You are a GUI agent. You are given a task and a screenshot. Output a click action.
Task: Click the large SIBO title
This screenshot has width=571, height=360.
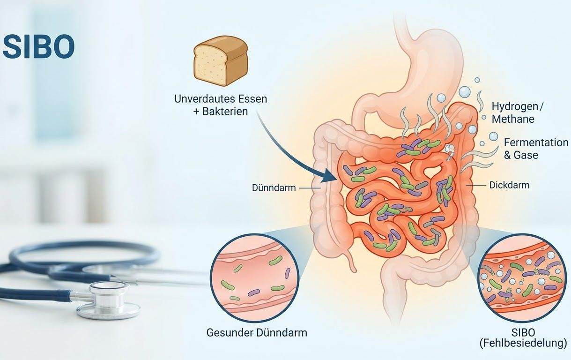pyautogui.click(x=38, y=47)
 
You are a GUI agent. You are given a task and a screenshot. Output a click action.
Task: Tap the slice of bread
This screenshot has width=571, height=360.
pyautogui.click(x=221, y=61)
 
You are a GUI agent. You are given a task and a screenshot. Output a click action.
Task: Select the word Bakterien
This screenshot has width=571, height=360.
pyautogui.click(x=225, y=112)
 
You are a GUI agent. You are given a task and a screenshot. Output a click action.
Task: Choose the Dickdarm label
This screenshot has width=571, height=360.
pyautogui.click(x=509, y=185)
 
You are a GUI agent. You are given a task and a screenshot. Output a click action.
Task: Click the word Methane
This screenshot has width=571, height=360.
pyautogui.click(x=513, y=119)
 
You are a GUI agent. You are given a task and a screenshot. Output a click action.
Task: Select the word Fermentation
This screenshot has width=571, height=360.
pyautogui.click(x=536, y=142)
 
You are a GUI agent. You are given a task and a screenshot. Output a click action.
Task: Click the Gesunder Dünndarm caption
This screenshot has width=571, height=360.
pyautogui.click(x=257, y=333)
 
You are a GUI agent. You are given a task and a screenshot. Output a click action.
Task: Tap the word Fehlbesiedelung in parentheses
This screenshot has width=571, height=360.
pyautogui.click(x=525, y=343)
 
